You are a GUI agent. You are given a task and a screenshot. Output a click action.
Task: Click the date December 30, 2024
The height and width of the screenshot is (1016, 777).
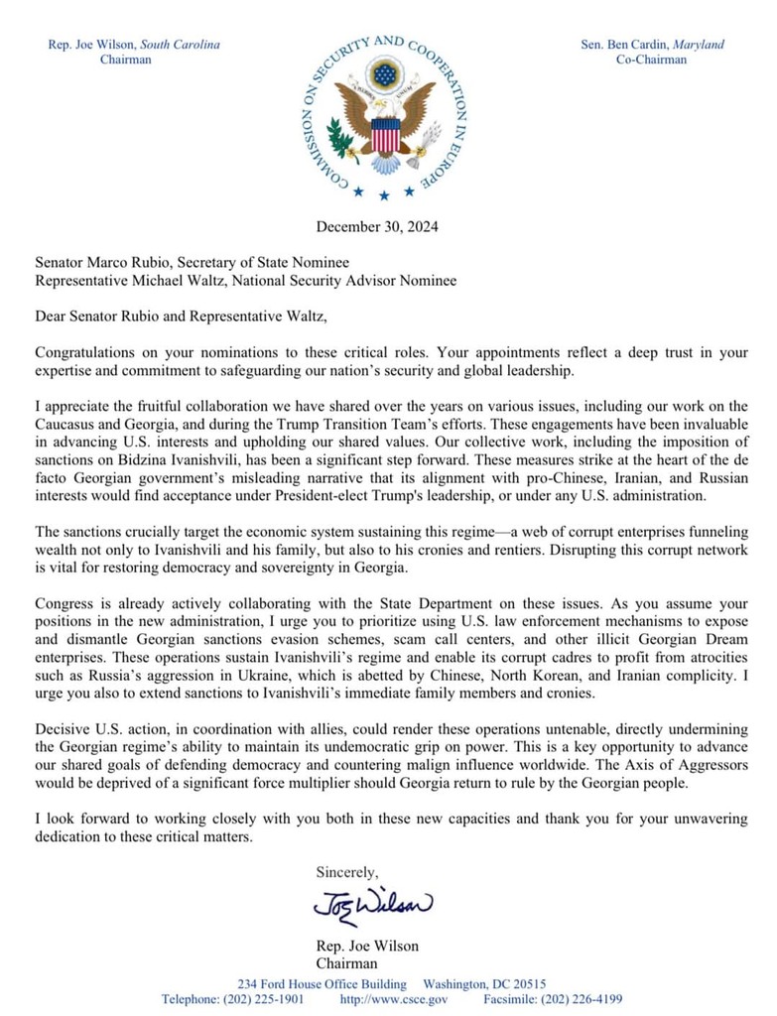[x=376, y=226]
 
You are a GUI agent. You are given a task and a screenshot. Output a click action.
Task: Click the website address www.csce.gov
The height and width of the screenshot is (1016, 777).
[x=394, y=998]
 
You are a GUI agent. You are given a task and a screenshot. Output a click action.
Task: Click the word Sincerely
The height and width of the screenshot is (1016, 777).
[x=346, y=873]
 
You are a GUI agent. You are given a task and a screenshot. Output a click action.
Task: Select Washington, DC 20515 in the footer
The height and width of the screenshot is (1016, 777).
[x=485, y=983]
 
